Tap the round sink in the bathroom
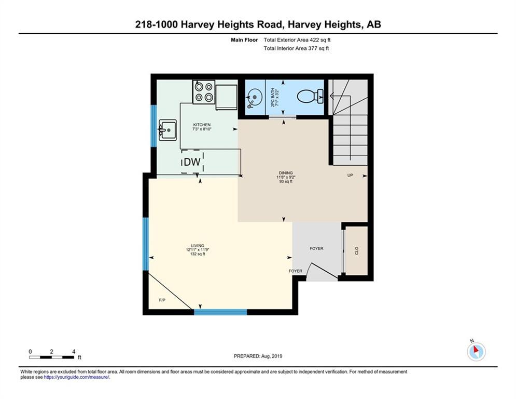[x=254, y=97]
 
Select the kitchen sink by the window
[x=168, y=130]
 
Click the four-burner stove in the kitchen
[x=204, y=92]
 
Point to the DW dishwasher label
[x=192, y=162]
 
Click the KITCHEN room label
[x=202, y=125]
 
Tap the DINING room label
[x=286, y=173]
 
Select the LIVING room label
[x=198, y=246]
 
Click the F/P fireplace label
[x=162, y=300]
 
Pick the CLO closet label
[x=357, y=250]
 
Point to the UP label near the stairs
[x=350, y=175]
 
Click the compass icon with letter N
[x=476, y=351]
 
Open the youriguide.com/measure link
[x=76, y=377]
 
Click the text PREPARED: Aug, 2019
[x=258, y=356]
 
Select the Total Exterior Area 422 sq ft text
[x=297, y=40]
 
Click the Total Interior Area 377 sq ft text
[x=296, y=48]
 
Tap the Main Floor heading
[x=244, y=40]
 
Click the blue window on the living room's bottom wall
[x=220, y=312]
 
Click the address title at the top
[x=258, y=24]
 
